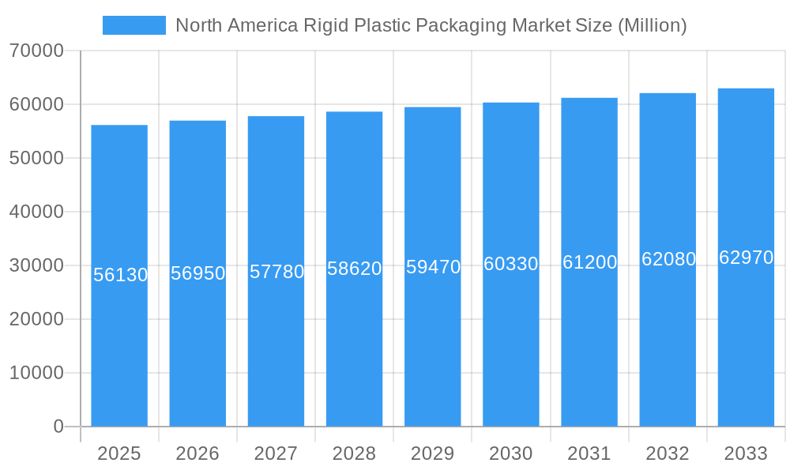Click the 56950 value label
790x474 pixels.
click(198, 273)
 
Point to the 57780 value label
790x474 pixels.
click(276, 272)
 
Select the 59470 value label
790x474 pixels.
click(433, 267)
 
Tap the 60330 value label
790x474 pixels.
click(511, 264)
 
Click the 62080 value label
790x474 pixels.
click(668, 259)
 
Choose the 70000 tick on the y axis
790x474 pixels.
click(36, 51)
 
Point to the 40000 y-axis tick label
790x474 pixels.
click(36, 213)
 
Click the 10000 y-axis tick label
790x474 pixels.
click(36, 373)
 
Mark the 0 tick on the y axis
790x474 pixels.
click(58, 427)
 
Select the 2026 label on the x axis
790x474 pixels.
click(197, 453)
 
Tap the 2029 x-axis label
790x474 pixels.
click(432, 453)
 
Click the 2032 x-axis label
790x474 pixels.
click(668, 453)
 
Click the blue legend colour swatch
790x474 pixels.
click(134, 25)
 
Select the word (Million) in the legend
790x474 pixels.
click(652, 25)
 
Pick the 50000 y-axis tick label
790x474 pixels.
click(36, 159)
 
